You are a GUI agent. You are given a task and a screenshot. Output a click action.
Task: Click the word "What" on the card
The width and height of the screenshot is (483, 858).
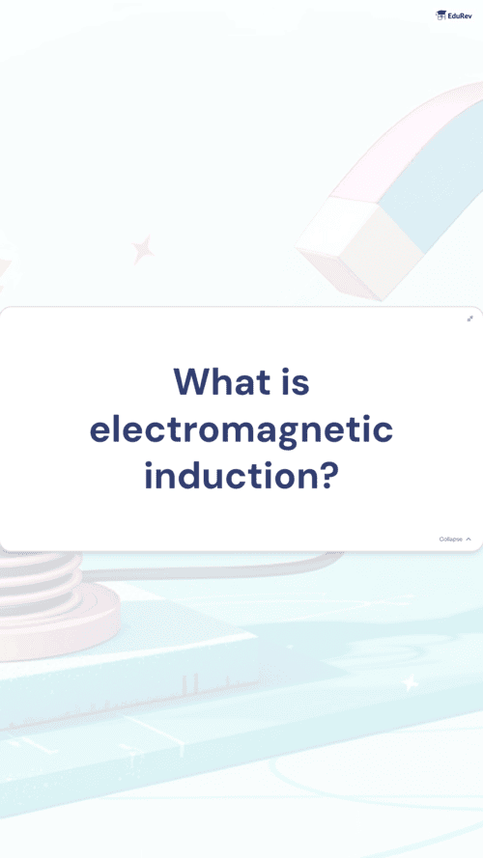tap(222, 382)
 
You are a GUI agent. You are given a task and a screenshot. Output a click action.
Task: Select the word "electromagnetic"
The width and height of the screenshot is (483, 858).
tap(241, 431)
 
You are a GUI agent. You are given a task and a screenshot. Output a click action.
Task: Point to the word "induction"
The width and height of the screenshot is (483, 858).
tap(232, 476)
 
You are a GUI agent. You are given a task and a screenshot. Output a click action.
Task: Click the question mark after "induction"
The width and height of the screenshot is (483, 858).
tap(328, 476)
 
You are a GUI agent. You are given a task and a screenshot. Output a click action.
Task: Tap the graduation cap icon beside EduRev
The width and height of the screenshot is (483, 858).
tap(440, 15)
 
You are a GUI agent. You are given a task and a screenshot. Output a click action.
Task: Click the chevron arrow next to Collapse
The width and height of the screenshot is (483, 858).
tap(469, 539)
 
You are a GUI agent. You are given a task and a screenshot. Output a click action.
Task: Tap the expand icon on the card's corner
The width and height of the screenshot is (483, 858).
tap(469, 318)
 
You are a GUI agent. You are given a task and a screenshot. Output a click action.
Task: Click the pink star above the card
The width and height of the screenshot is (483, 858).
tap(143, 250)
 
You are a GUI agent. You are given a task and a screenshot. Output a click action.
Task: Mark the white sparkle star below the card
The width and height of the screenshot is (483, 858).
tap(410, 682)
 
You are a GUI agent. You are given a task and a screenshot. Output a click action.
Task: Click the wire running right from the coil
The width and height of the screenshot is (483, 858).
tap(213, 569)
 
